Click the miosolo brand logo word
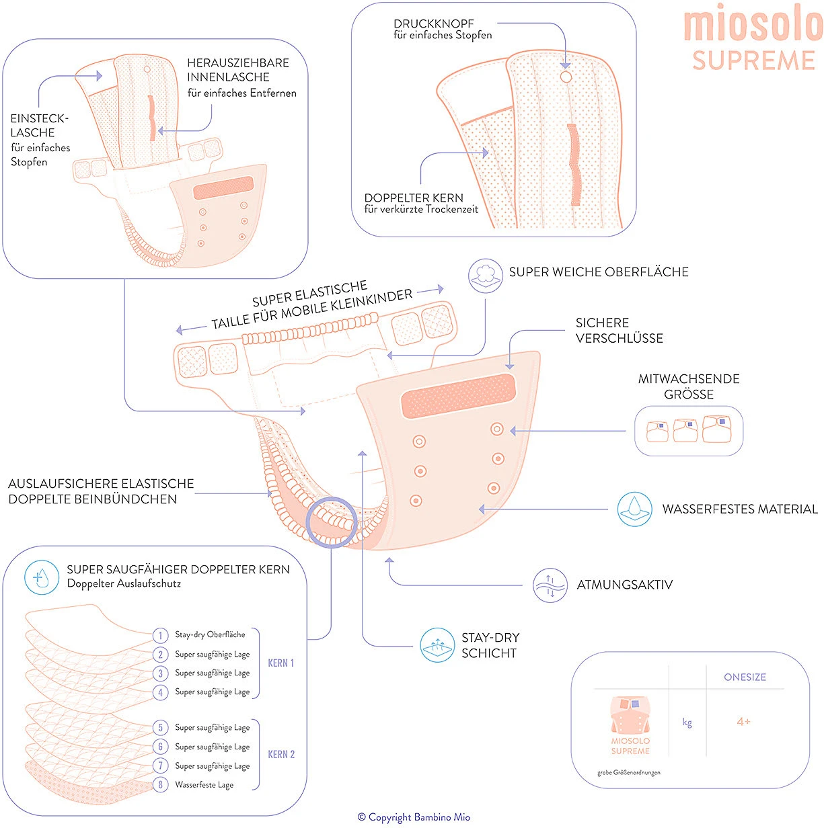pyautogui.click(x=753, y=26)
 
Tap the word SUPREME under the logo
pyautogui.click(x=753, y=60)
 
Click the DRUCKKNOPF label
pyautogui.click(x=434, y=24)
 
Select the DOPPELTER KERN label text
pyautogui.click(x=414, y=198)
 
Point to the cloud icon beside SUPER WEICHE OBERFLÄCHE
pyautogui.click(x=486, y=276)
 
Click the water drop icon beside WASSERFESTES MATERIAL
pyautogui.click(x=634, y=509)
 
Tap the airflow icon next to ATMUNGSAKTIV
pyautogui.click(x=550, y=585)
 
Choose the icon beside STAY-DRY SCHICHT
pyautogui.click(x=437, y=645)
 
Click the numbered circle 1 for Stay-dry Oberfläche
pyautogui.click(x=160, y=635)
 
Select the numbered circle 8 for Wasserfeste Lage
pyautogui.click(x=160, y=784)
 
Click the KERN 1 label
pyautogui.click(x=280, y=663)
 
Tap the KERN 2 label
pyautogui.click(x=281, y=755)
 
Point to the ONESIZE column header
pyautogui.click(x=745, y=677)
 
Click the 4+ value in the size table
pyautogui.click(x=743, y=722)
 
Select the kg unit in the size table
pyautogui.click(x=687, y=722)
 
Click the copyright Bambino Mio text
pyautogui.click(x=414, y=817)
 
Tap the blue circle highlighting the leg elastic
pyautogui.click(x=331, y=523)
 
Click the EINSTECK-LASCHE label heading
pyautogui.click(x=40, y=126)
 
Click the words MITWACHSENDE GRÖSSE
pyautogui.click(x=688, y=386)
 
